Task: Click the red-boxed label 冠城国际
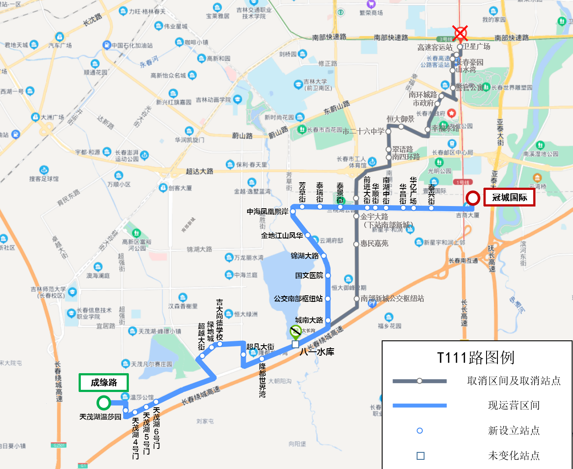[509, 198]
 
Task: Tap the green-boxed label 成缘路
[104, 383]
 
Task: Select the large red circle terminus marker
[473, 198]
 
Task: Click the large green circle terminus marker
[104, 402]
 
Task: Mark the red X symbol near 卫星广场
[459, 33]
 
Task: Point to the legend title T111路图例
[476, 358]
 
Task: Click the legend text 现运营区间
[514, 406]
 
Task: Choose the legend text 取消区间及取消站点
[514, 381]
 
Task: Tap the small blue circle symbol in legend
[420, 430]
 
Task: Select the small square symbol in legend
[420, 456]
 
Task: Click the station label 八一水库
[317, 352]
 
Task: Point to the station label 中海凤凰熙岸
[267, 212]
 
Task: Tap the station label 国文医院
[309, 276]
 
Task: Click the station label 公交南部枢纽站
[298, 299]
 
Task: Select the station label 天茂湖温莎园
[100, 417]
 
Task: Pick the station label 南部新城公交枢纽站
[392, 298]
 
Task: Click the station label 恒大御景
[400, 119]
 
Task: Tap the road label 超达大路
[200, 171]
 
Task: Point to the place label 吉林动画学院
[213, 100]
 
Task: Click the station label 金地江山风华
[282, 235]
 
